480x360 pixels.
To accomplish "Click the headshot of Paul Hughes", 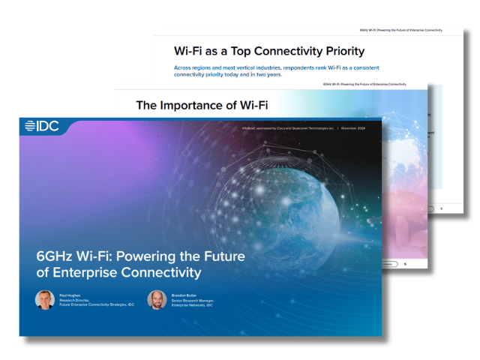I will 44,300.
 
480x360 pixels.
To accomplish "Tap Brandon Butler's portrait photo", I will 157,300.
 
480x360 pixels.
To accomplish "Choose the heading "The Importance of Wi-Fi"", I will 202,105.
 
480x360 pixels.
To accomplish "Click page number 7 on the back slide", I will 442,208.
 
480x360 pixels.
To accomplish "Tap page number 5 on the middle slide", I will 405,265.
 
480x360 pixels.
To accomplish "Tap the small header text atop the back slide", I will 401,31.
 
